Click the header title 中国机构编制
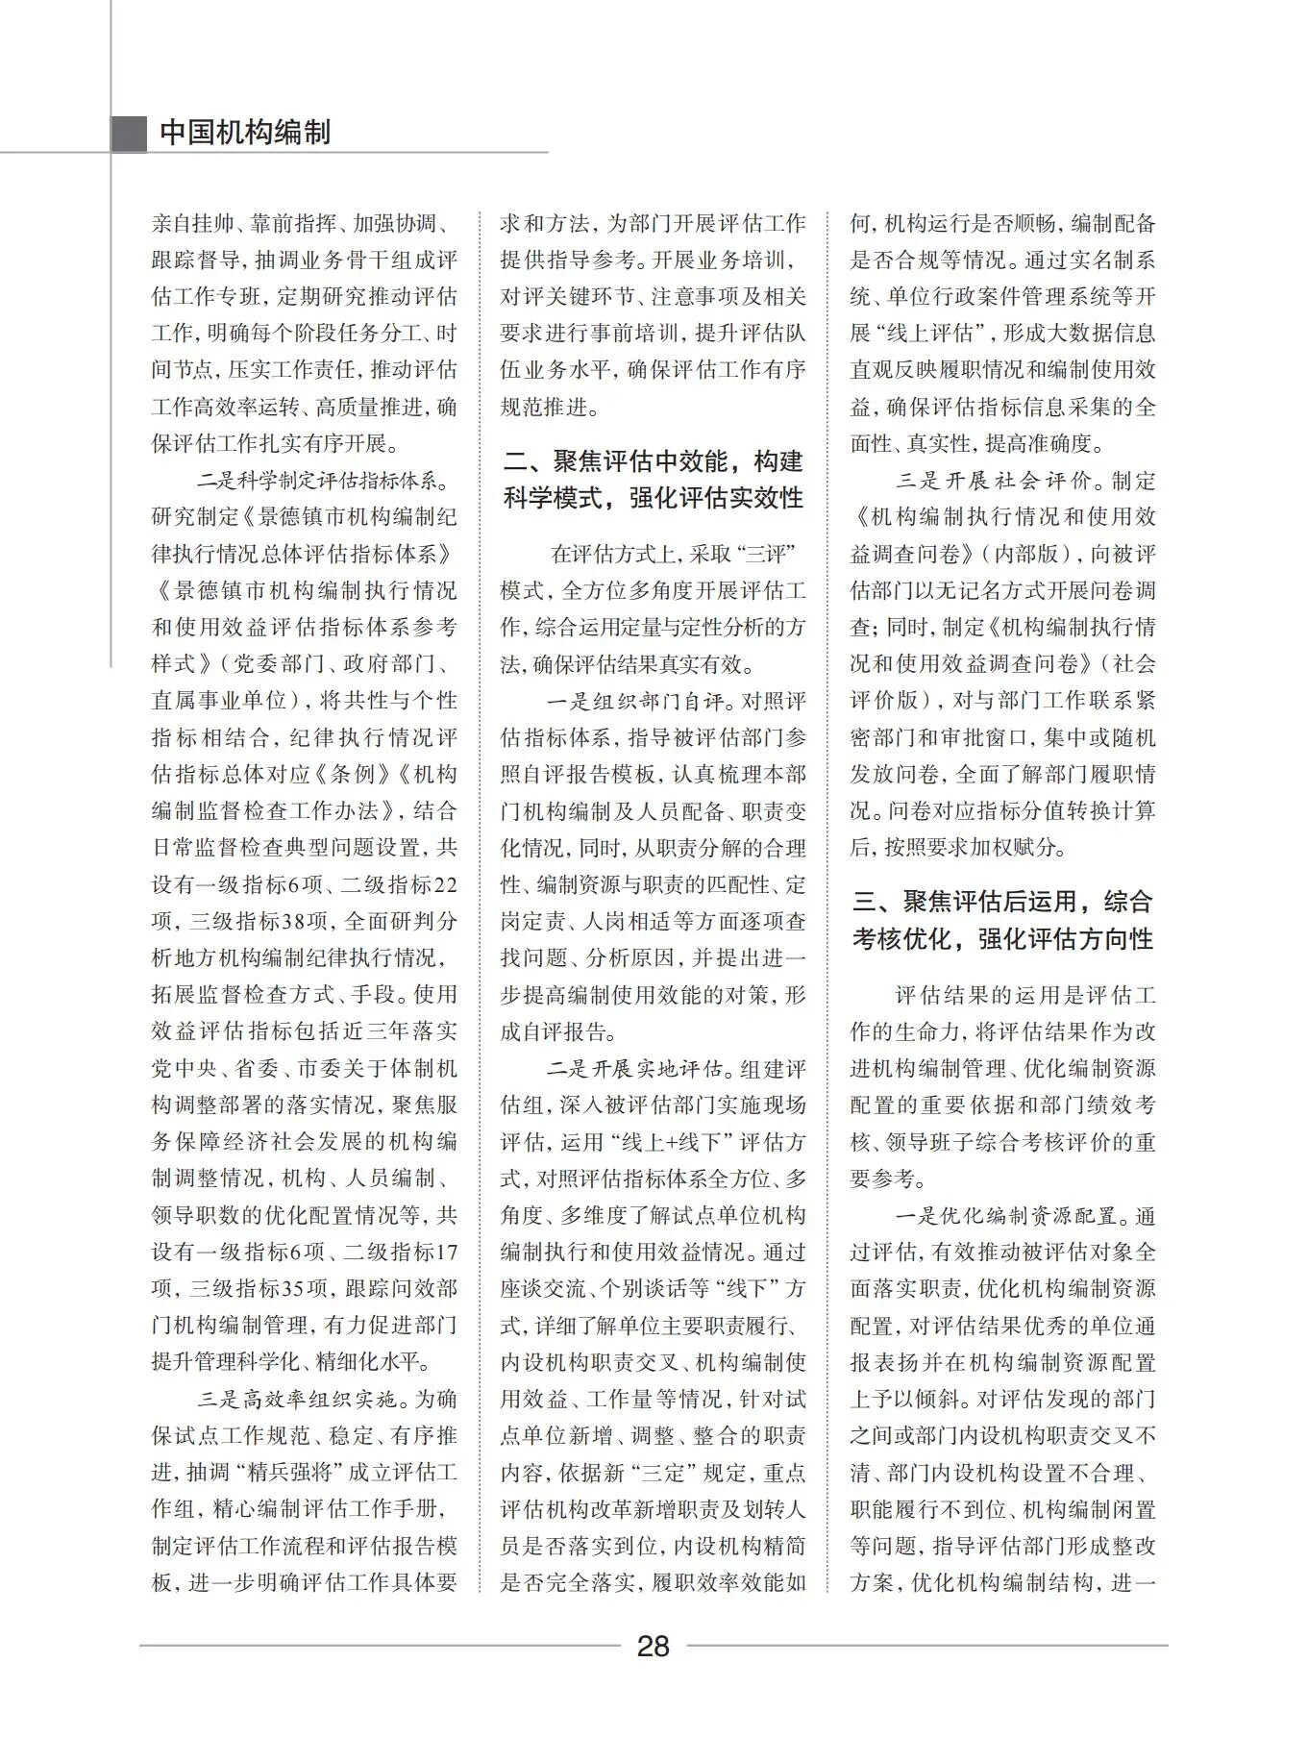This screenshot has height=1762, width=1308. click(244, 132)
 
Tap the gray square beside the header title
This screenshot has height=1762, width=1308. click(128, 133)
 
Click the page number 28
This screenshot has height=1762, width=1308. click(653, 1647)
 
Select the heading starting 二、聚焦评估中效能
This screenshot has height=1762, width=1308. click(654, 480)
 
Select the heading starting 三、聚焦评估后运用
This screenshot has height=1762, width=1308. click(1002, 920)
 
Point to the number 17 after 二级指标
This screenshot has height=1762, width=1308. click(446, 1253)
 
